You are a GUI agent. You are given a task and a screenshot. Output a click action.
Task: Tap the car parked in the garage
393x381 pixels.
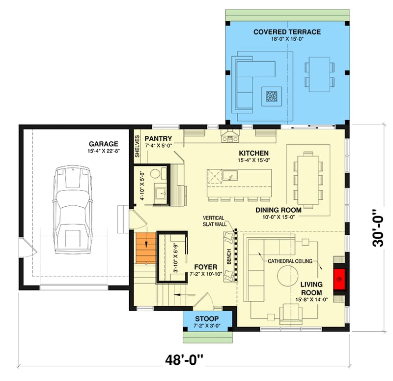(x=74, y=209)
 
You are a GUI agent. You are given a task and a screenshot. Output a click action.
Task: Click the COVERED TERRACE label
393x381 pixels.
(x=287, y=32)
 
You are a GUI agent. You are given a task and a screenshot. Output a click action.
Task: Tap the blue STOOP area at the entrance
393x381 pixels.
(x=201, y=320)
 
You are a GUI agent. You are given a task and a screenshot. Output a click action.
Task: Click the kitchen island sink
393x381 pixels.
(x=228, y=175)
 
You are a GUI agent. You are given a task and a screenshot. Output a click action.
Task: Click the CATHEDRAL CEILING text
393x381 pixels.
(x=290, y=261)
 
